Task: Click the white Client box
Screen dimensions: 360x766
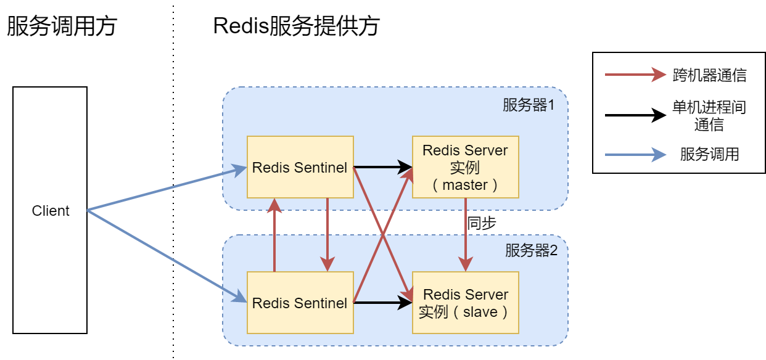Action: pos(50,211)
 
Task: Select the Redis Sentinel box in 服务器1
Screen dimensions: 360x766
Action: pos(300,167)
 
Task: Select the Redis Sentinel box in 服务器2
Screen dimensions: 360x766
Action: pos(300,303)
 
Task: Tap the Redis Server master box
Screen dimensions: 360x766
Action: pos(465,167)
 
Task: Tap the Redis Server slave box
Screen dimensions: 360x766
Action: pos(465,303)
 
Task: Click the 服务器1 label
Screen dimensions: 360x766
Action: pos(529,105)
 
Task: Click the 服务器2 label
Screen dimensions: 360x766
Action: pos(531,250)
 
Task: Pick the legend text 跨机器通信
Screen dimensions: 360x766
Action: pos(709,75)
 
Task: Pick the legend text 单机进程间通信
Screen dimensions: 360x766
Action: pos(709,116)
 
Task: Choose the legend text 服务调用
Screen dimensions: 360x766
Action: pos(709,154)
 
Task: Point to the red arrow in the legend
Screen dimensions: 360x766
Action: pos(635,75)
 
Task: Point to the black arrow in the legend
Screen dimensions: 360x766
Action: pos(635,115)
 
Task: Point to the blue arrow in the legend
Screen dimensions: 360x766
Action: pos(635,154)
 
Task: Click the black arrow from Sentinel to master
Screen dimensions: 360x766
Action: pos(382,166)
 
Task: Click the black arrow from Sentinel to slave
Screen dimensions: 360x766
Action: pos(382,302)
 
